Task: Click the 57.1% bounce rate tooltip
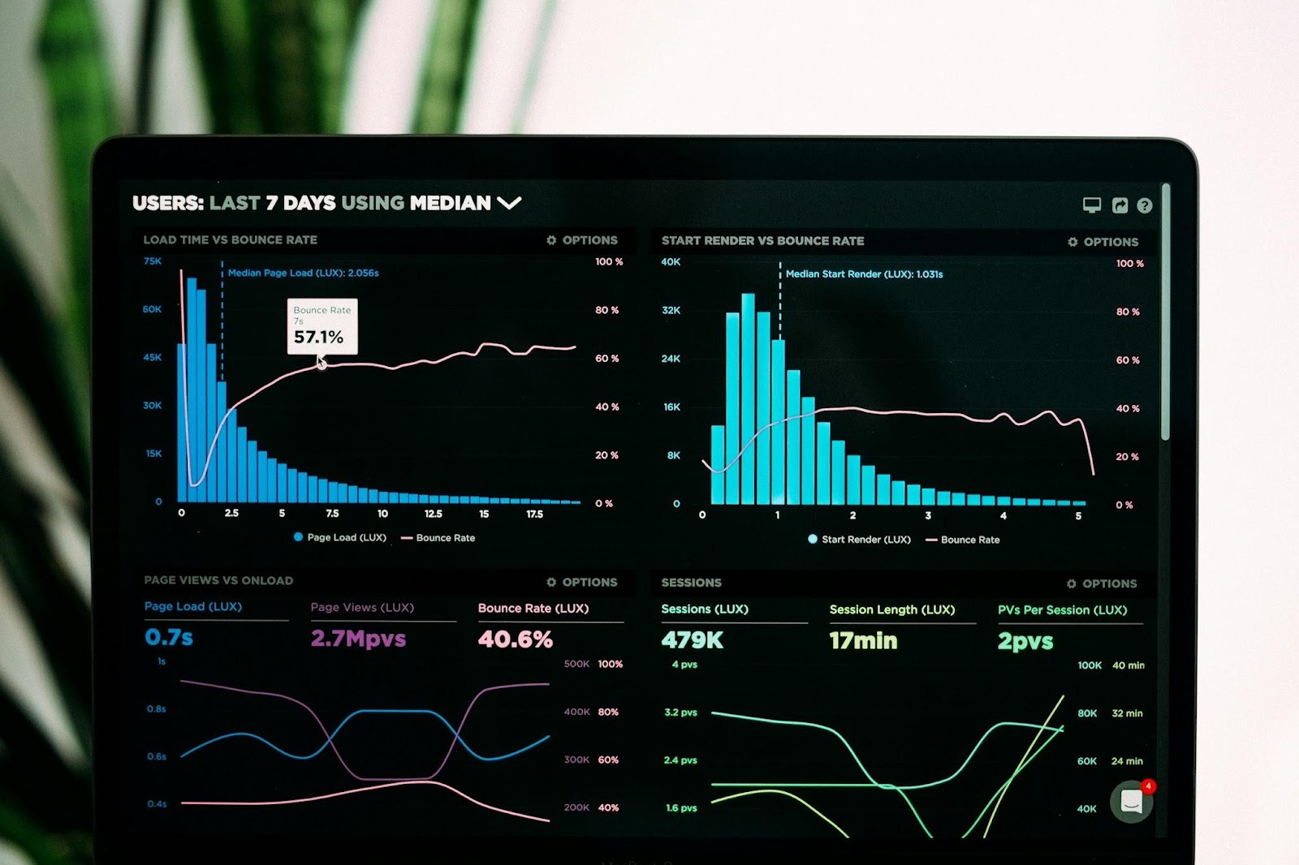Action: [322, 326]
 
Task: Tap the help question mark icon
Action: [1145, 206]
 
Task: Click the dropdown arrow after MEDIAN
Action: [509, 203]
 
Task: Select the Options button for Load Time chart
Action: [582, 240]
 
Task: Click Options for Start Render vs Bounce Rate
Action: [1103, 242]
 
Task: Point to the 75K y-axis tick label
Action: [153, 261]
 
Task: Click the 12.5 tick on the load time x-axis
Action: [434, 514]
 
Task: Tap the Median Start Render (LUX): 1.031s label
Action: [864, 274]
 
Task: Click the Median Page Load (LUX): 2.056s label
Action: [303, 273]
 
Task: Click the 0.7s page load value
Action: [169, 638]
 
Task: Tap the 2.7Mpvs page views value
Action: [358, 639]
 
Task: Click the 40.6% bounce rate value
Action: [516, 639]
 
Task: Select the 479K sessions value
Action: [692, 640]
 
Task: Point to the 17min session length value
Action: [863, 641]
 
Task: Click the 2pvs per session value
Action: [1025, 642]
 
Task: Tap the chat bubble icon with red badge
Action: [1132, 802]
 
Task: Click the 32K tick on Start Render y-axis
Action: [671, 310]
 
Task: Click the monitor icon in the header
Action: [1092, 205]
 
